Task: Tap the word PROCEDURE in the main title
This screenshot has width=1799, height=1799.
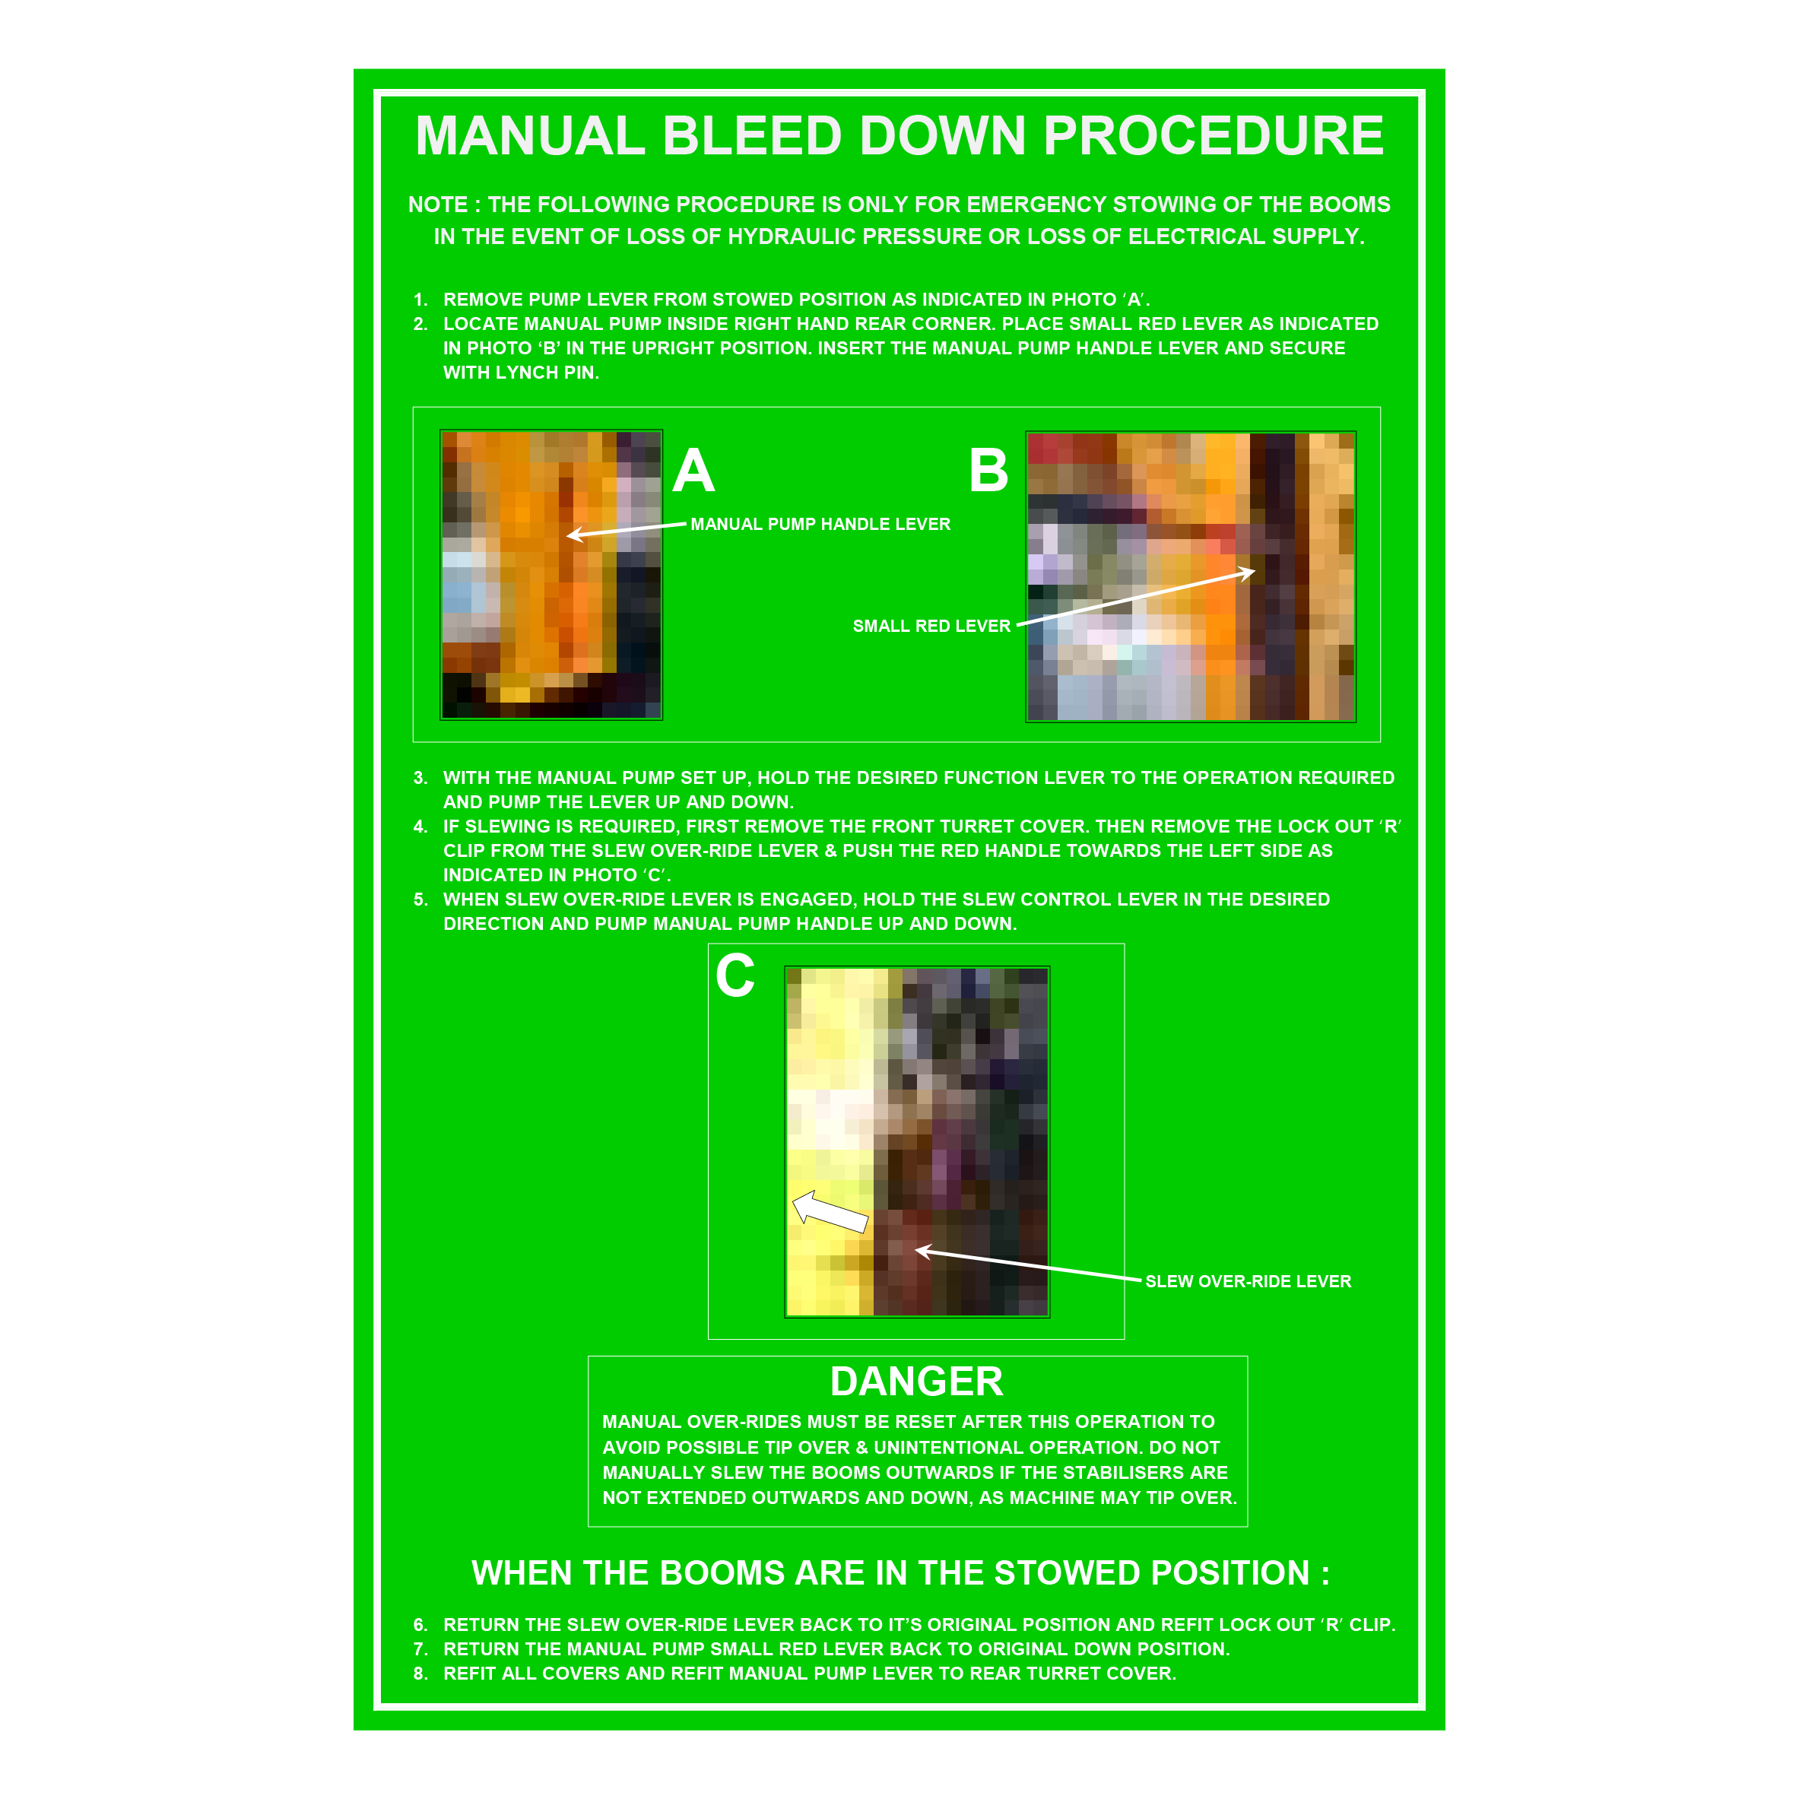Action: click(x=1214, y=136)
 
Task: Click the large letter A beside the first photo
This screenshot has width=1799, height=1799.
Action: click(x=693, y=471)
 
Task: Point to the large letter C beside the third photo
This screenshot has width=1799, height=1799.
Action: click(x=735, y=976)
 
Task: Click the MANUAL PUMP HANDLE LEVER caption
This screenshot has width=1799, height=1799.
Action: click(x=820, y=524)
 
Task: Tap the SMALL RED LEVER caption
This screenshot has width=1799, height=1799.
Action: click(x=931, y=626)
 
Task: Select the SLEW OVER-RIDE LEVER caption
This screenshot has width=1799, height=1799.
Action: click(x=1248, y=1281)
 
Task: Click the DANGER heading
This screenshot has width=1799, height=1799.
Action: click(x=916, y=1382)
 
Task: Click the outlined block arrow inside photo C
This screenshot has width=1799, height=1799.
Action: click(x=829, y=1211)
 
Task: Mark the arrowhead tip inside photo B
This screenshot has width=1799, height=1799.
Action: click(x=1255, y=571)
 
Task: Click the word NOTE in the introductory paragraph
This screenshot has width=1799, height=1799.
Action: click(x=438, y=205)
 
